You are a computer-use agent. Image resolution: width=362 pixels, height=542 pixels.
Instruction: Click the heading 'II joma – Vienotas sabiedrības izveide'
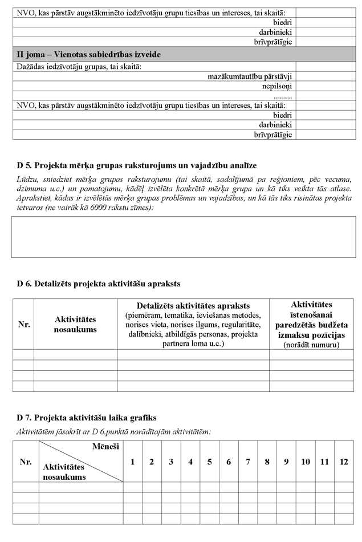tap(88, 55)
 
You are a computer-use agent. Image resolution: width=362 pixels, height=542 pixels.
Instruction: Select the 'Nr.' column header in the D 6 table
tap(23, 324)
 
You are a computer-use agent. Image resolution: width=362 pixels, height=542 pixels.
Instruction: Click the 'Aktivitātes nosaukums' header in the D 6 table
tap(75, 324)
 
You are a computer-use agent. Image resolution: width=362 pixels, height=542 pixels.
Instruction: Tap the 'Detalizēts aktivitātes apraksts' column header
tap(193, 306)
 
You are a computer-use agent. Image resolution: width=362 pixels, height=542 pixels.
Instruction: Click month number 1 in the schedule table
tap(133, 462)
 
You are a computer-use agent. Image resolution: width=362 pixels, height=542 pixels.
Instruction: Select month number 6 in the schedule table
tap(229, 462)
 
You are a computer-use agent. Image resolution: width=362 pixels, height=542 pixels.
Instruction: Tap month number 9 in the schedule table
tap(286, 462)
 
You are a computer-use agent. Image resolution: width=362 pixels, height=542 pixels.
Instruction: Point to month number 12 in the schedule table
tap(343, 462)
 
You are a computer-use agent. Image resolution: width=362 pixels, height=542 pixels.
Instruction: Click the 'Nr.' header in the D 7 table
tap(26, 462)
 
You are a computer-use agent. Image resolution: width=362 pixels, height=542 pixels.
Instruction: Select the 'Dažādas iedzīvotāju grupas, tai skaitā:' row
tap(79, 67)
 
